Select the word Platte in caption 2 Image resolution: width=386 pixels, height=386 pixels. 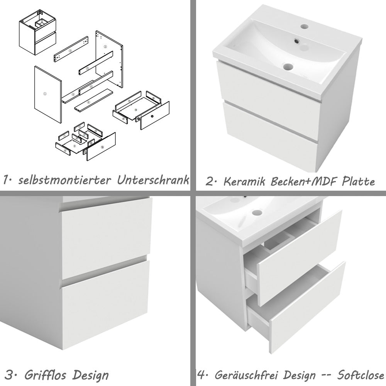click(x=358, y=181)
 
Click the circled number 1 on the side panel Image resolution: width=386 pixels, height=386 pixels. click(x=45, y=93)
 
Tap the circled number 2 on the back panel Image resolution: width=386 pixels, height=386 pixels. click(x=105, y=47)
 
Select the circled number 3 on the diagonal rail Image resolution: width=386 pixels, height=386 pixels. click(x=71, y=51)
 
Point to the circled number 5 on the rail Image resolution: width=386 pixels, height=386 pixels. click(x=88, y=68)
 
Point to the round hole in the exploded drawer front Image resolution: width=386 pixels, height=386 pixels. click(x=152, y=116)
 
